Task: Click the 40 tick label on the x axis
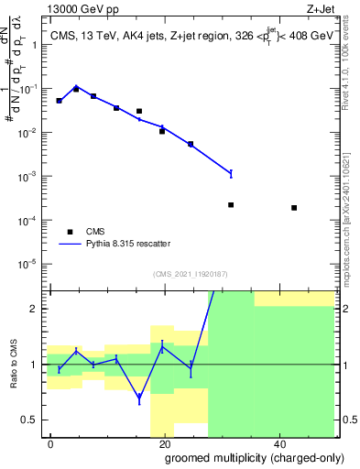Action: click(x=278, y=442)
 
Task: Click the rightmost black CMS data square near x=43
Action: click(x=294, y=208)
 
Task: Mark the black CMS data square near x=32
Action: click(x=231, y=205)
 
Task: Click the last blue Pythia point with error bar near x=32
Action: click(x=231, y=173)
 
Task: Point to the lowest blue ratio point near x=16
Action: click(x=139, y=398)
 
